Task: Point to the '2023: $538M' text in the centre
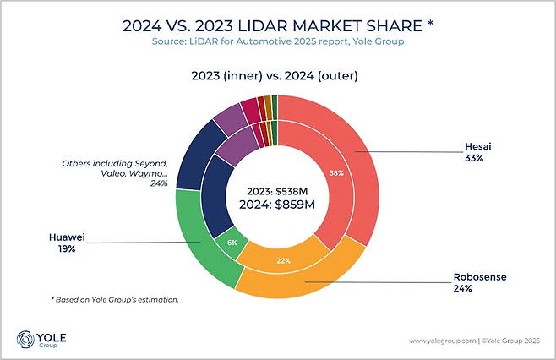click(x=272, y=190)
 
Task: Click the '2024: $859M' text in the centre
click(x=272, y=205)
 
